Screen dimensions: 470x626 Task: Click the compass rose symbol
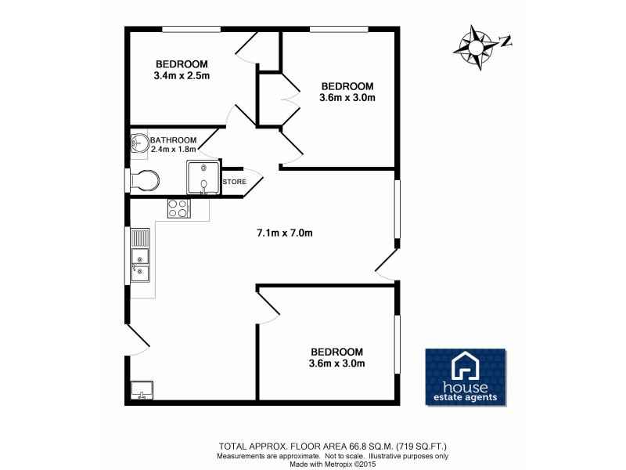[474, 47]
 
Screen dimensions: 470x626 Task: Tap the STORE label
[235, 182]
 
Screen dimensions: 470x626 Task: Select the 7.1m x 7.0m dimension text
[285, 233]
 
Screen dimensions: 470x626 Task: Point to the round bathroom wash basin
[139, 144]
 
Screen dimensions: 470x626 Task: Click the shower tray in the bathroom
[203, 176]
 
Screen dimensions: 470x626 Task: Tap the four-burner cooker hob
[178, 208]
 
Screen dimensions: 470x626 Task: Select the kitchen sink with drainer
[140, 256]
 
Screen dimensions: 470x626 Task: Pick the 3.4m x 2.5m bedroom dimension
[182, 76]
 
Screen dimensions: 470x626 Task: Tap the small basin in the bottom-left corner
[142, 389]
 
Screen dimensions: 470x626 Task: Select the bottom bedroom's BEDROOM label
[337, 352]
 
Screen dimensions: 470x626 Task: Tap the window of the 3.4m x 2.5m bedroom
[191, 30]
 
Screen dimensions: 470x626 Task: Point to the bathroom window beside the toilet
[128, 180]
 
